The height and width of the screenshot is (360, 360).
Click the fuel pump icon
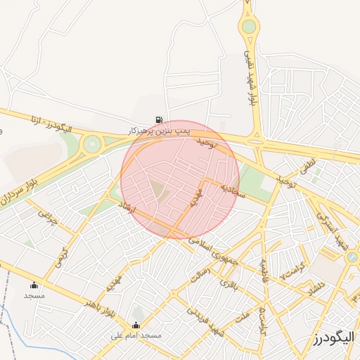160,120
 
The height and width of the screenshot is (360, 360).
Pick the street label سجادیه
233,191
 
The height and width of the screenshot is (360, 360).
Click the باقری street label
231,284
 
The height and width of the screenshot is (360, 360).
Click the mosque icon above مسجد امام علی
136,326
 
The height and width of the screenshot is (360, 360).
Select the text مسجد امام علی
136,336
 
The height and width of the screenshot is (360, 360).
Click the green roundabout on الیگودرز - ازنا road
91,144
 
